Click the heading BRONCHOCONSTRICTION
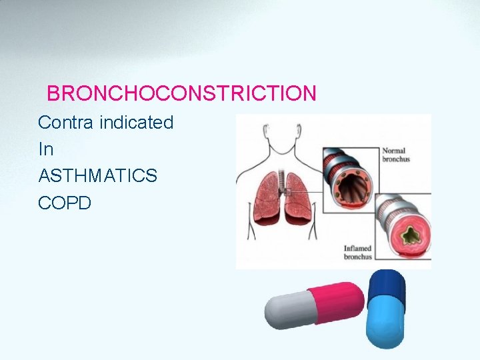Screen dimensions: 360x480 181,93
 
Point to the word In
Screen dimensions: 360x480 46,149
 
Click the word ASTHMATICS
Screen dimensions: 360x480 98,176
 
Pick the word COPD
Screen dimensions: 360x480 65,203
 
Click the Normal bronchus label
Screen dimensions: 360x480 396,155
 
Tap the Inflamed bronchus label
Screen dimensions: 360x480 357,251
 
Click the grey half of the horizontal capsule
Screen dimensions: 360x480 287,311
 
